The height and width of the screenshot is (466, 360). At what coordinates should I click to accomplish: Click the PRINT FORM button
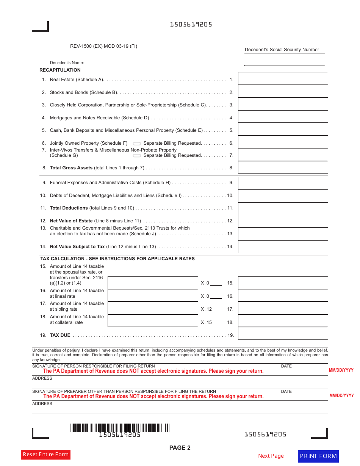pyautogui.click(x=318, y=456)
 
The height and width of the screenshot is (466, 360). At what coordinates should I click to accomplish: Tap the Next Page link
pyautogui.click(x=271, y=456)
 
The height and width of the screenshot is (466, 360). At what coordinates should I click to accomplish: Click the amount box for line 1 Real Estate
pyautogui.click(x=283, y=79)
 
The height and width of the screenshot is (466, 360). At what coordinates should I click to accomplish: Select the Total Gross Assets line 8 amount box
pyautogui.click(x=283, y=167)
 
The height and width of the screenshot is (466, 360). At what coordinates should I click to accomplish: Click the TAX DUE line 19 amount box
pyautogui.click(x=283, y=334)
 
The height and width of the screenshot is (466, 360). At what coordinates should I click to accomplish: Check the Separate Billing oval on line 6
pyautogui.click(x=137, y=144)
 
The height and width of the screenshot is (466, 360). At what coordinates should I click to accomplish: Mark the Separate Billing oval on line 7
pyautogui.click(x=137, y=156)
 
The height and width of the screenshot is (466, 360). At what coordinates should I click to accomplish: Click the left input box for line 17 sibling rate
pyautogui.click(x=153, y=308)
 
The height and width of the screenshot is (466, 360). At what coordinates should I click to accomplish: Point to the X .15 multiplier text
pyautogui.click(x=206, y=322)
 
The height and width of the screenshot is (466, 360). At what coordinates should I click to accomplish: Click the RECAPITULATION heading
pyautogui.click(x=60, y=70)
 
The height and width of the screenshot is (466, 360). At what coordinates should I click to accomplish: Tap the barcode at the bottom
pyautogui.click(x=119, y=428)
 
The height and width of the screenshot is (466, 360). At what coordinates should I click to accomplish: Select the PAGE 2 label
pyautogui.click(x=180, y=448)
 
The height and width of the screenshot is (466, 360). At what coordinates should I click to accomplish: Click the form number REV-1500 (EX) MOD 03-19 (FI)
pyautogui.click(x=103, y=46)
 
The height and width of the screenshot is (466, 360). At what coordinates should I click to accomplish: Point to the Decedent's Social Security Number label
pyautogui.click(x=282, y=50)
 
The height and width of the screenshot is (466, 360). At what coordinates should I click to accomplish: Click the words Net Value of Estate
pyautogui.click(x=71, y=221)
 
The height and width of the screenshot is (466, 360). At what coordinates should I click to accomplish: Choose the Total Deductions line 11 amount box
pyautogui.click(x=283, y=208)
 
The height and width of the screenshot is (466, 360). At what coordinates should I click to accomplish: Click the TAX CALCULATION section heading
pyautogui.click(x=117, y=259)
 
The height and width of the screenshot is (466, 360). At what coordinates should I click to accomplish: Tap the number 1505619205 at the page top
pyautogui.click(x=191, y=25)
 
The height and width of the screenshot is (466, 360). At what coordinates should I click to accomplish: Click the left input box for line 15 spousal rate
pyautogui.click(x=153, y=283)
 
